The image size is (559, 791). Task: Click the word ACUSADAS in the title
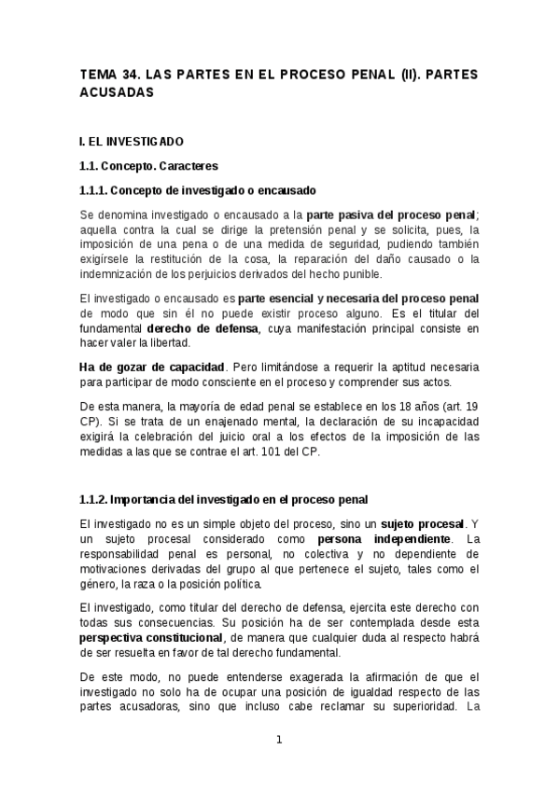click(x=115, y=93)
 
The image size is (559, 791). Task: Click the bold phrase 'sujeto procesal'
click(x=424, y=524)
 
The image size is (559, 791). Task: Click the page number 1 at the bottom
click(x=278, y=740)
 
